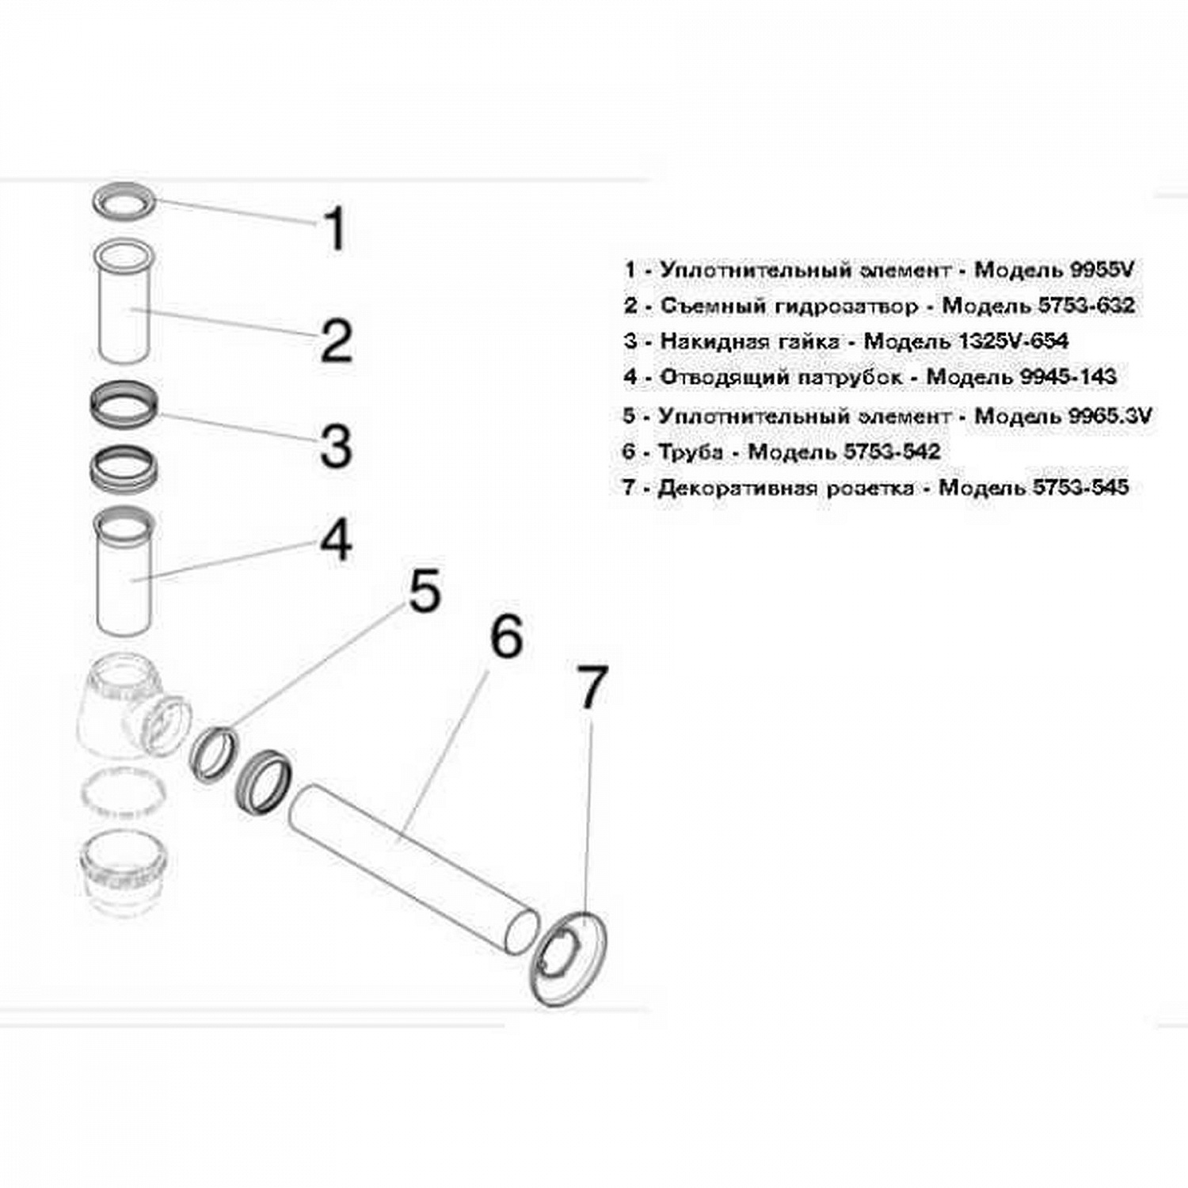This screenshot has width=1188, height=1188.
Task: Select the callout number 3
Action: (336, 445)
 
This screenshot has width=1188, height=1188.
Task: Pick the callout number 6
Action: (507, 636)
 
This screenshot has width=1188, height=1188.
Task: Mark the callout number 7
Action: (592, 687)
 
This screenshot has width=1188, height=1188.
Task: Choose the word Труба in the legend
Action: (691, 451)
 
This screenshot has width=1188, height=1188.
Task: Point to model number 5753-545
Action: (1081, 486)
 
